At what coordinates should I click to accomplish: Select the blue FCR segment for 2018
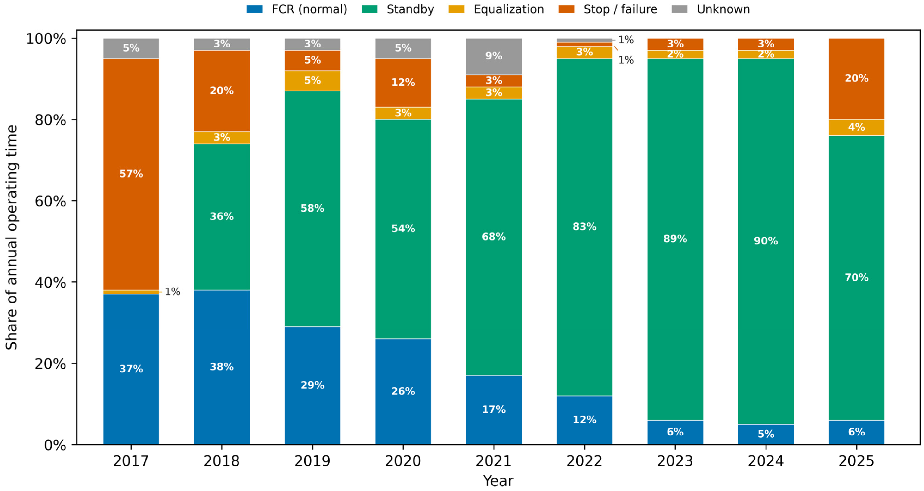pos(222,367)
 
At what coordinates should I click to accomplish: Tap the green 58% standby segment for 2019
pos(312,209)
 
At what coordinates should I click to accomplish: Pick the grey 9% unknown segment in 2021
pos(494,56)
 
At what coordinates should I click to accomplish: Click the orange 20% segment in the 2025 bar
pos(856,79)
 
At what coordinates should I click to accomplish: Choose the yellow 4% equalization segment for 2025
pos(856,127)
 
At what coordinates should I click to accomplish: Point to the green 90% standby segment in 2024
pos(766,241)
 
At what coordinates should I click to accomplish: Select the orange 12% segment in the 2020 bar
pos(403,83)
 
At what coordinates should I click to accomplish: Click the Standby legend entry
pos(398,9)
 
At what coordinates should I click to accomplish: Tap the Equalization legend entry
pos(496,9)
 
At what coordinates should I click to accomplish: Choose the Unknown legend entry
pos(711,9)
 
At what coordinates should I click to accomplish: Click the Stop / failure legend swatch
pos(566,9)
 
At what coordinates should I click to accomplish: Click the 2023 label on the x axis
pos(675,461)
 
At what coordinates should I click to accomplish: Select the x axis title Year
pos(498,481)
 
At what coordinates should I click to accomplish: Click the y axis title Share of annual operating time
pos(12,237)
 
